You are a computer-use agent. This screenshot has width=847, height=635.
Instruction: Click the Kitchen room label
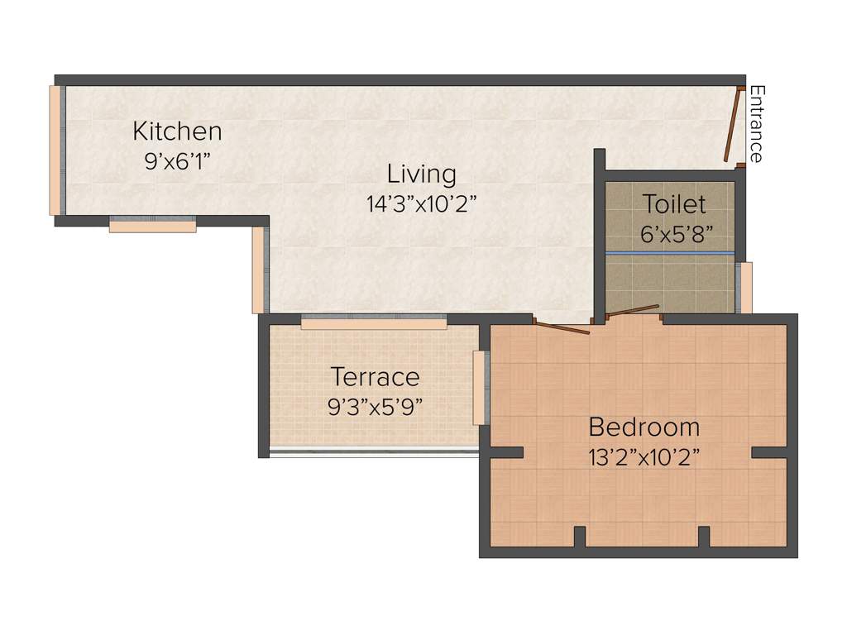click(x=177, y=131)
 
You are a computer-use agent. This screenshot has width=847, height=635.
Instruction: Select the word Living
click(x=422, y=174)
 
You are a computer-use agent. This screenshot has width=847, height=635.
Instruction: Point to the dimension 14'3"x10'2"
click(x=422, y=204)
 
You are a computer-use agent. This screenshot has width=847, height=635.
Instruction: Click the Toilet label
click(x=675, y=204)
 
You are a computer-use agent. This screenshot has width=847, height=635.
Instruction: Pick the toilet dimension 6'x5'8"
click(x=676, y=233)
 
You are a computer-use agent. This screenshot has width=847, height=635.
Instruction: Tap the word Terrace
click(x=375, y=377)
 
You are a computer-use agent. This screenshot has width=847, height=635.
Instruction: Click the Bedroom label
click(x=644, y=427)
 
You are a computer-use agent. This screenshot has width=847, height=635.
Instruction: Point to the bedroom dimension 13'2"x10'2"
click(x=644, y=457)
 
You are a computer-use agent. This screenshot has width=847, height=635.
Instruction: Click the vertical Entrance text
click(x=756, y=124)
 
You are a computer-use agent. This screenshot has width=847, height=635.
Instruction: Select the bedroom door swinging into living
click(x=562, y=327)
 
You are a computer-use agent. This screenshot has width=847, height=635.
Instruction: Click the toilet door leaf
click(x=633, y=311)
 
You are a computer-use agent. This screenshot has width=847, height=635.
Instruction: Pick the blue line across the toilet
click(x=669, y=251)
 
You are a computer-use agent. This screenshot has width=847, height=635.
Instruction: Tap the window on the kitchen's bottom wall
click(x=152, y=225)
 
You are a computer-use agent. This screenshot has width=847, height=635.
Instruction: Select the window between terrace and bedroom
click(x=478, y=387)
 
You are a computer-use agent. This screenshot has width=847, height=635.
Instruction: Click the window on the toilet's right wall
click(x=745, y=288)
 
